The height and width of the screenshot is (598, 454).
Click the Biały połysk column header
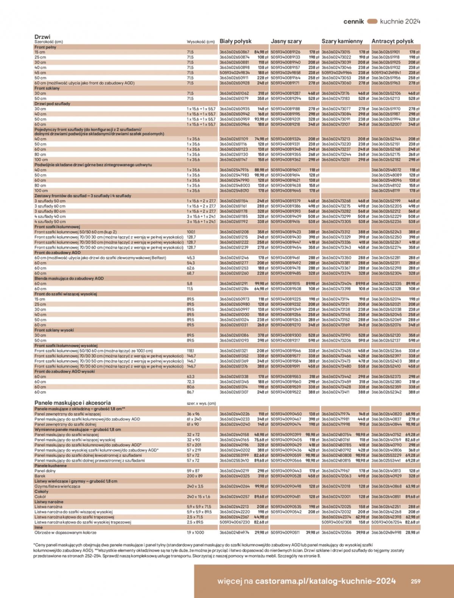(235, 41)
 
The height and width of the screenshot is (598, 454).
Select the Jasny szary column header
(286, 41)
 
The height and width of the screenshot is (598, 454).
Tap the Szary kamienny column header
(342, 41)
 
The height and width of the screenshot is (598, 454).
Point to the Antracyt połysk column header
(392, 41)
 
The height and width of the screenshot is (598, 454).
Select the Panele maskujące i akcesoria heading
(73, 403)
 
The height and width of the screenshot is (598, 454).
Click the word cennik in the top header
(354, 22)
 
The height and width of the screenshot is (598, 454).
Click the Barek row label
(40, 476)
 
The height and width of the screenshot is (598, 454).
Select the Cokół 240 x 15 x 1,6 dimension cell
(198, 497)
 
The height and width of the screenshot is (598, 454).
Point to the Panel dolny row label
(45, 471)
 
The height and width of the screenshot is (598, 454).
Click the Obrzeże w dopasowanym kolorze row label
(65, 533)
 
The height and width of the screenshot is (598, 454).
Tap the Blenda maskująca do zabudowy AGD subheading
(69, 278)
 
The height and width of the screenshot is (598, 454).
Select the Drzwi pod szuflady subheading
(52, 104)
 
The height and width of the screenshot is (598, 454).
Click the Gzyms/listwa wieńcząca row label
(57, 486)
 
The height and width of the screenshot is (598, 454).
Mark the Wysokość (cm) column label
(201, 42)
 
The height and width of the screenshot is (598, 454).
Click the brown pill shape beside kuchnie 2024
(372, 22)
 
